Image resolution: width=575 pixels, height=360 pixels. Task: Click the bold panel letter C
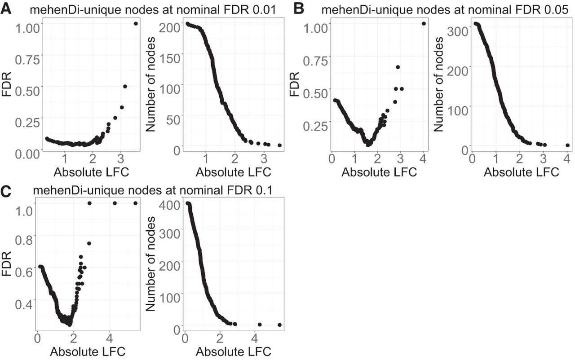6,191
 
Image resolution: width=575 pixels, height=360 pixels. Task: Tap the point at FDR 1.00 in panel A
136,24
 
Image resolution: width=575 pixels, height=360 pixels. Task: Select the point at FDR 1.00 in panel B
424,24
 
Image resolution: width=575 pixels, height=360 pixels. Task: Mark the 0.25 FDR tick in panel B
314,126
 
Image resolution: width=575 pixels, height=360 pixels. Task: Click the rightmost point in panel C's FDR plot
135,203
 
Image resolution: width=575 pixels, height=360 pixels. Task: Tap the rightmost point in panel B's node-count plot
567,145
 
